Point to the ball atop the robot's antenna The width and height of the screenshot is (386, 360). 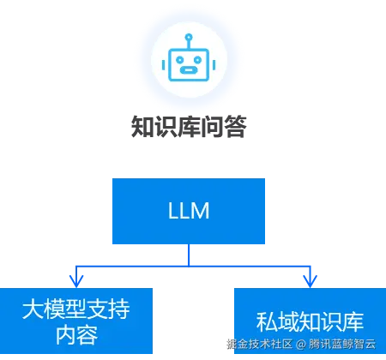[188, 36]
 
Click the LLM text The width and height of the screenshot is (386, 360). [189, 211]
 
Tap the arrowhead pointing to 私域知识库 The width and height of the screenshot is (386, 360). [310, 279]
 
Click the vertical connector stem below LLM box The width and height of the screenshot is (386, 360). [189, 254]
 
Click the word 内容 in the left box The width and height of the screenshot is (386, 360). [76, 334]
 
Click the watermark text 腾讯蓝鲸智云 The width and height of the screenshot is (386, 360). [341, 345]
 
